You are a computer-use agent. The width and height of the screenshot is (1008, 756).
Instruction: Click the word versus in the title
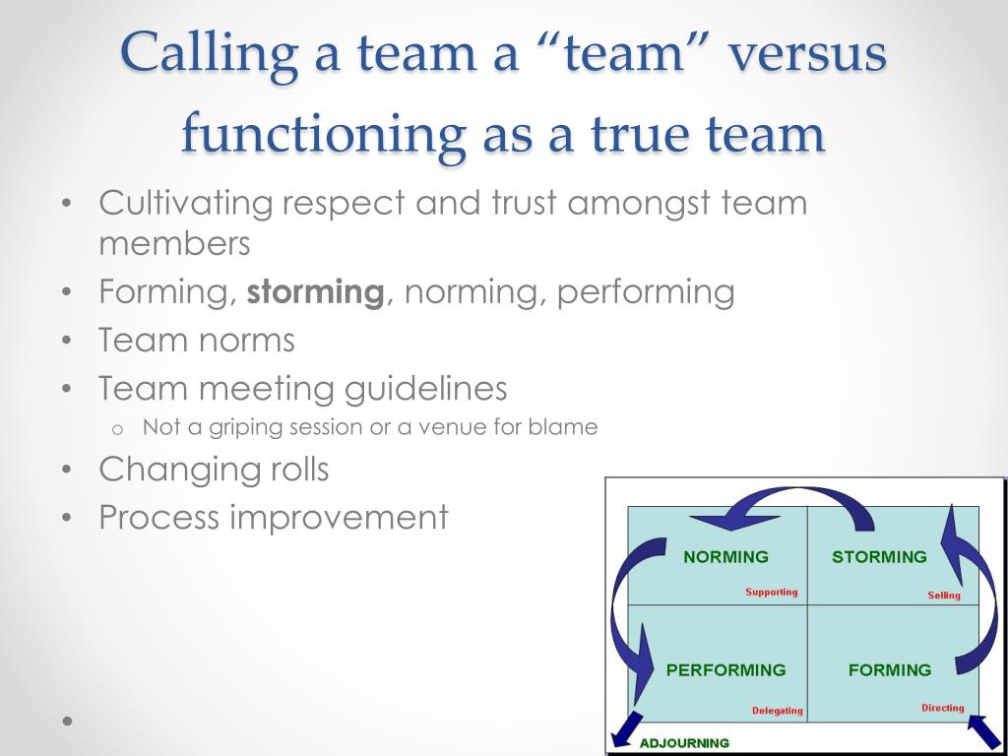coord(806,54)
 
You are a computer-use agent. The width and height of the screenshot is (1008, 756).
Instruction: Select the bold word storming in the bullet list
coord(315,292)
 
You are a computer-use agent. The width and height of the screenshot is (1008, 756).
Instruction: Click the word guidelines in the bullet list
coord(425,389)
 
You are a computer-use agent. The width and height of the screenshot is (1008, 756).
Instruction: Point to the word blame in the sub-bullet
coord(563,427)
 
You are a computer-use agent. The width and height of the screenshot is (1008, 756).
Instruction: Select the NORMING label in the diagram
coord(725,557)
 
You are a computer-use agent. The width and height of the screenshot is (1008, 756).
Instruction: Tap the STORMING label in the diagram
coord(879,557)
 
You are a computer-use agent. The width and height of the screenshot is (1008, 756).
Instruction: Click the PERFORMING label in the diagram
coord(725,670)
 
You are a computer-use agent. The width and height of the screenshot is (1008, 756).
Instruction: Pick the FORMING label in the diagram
coord(889,670)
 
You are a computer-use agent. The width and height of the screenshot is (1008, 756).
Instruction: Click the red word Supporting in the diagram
coord(771,593)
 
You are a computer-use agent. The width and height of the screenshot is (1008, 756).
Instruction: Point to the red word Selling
coord(943,596)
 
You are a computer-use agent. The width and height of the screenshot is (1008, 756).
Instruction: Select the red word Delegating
coord(777,711)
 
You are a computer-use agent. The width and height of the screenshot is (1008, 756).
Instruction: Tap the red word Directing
coord(942,708)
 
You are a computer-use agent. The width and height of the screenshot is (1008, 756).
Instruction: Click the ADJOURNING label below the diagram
coord(684,743)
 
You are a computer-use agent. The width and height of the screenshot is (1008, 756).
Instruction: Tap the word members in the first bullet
coord(174,243)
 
